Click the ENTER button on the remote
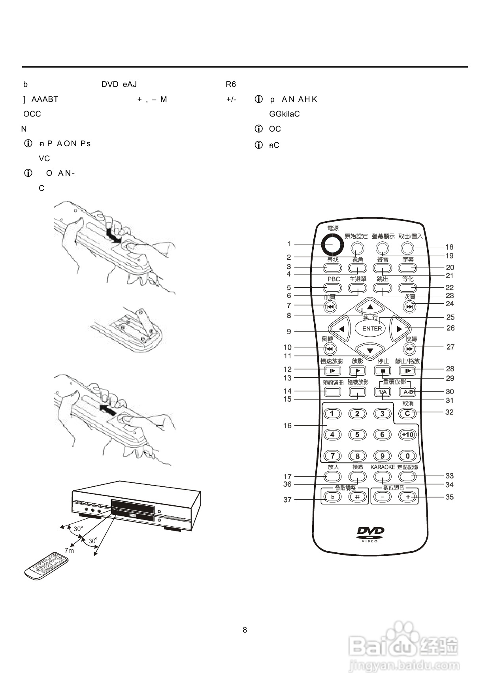click(372, 328)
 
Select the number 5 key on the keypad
click(357, 435)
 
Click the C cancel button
click(407, 414)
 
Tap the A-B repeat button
click(408, 392)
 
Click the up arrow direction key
click(370, 307)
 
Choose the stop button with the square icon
click(383, 371)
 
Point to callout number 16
click(287, 426)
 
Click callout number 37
click(287, 500)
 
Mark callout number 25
click(450, 317)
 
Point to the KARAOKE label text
click(383, 467)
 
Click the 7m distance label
click(69, 550)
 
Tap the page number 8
click(245, 630)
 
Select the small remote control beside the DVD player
click(46, 566)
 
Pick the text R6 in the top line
click(231, 84)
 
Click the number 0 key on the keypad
click(407, 456)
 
